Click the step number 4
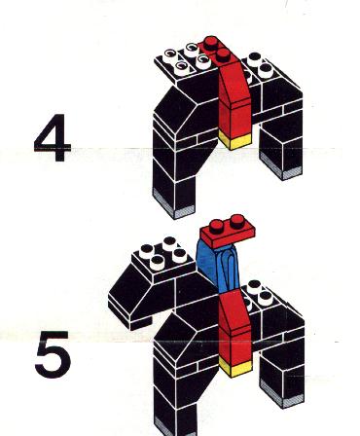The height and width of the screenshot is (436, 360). tap(53, 137)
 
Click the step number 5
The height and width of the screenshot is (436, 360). tap(53, 354)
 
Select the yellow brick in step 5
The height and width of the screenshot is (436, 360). tap(235, 368)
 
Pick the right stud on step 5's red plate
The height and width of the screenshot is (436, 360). tap(237, 221)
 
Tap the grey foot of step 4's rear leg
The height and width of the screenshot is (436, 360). tap(281, 168)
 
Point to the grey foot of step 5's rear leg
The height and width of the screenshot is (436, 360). tap(281, 396)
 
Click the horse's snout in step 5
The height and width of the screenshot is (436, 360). tap(129, 309)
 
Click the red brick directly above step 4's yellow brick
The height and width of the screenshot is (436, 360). tap(235, 120)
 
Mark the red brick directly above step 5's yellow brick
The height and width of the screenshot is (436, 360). tap(235, 347)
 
